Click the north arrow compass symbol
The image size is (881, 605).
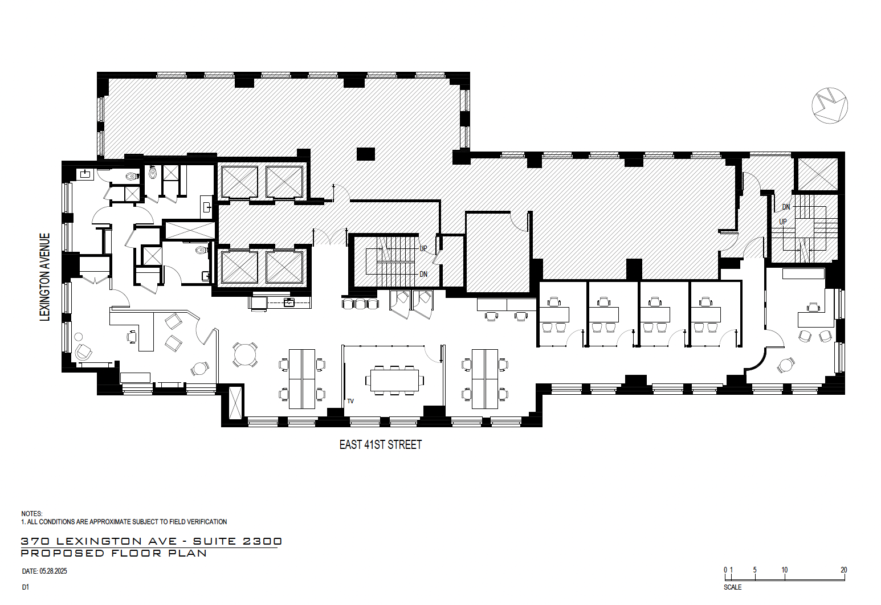click(829, 105)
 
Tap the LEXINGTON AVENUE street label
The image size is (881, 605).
click(45, 277)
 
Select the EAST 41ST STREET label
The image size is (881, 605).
click(380, 445)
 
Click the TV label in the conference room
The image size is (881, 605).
click(350, 402)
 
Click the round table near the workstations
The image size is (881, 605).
click(245, 354)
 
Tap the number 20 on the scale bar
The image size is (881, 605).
click(843, 570)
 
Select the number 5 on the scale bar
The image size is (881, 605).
click(754, 570)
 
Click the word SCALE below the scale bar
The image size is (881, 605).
click(733, 587)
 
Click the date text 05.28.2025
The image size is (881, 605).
click(53, 571)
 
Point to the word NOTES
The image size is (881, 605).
click(32, 513)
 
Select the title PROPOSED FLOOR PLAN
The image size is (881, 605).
click(114, 553)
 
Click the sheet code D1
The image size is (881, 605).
click(26, 587)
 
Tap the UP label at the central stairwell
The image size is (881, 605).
click(423, 248)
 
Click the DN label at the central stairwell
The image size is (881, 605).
click(423, 274)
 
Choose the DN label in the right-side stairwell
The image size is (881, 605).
click(786, 207)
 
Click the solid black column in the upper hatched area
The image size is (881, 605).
click(365, 154)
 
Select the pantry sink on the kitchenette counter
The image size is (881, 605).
click(289, 302)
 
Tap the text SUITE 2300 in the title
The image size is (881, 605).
click(238, 541)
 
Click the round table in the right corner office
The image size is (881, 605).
click(786, 365)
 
